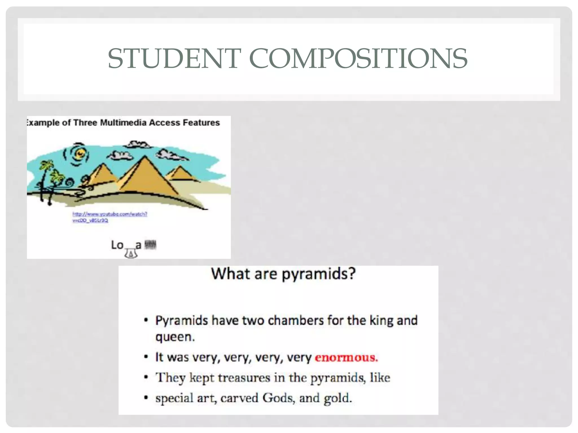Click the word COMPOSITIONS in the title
[358, 58]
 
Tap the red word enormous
[346, 357]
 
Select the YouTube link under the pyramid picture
[110, 217]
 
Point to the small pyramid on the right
[179, 173]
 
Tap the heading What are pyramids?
[283, 274]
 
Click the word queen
[175, 337]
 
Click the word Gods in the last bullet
[279, 398]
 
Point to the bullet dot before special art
[146, 398]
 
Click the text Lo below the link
[117, 245]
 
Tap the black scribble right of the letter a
[150, 245]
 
